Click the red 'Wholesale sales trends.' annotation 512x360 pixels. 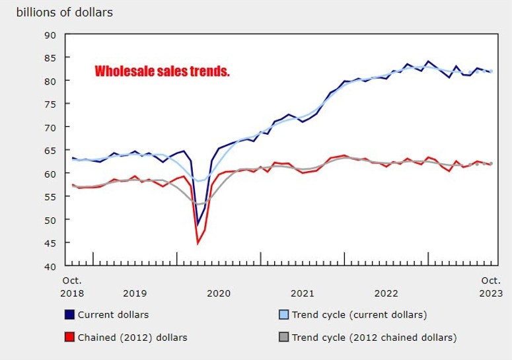162,71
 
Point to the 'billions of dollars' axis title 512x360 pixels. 64,13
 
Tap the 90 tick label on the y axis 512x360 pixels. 50,34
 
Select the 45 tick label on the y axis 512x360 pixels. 50,243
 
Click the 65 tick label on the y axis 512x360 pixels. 50,150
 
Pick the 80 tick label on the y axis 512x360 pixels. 50,81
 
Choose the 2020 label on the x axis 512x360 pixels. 219,293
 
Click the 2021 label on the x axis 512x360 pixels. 303,293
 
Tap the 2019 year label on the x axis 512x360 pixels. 135,293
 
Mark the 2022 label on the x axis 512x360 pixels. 386,293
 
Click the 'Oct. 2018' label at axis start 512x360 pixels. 73,287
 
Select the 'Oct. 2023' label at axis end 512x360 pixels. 491,287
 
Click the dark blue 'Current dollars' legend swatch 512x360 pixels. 69,314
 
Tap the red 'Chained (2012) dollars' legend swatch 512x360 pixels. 69,338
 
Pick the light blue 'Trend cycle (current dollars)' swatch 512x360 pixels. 280,314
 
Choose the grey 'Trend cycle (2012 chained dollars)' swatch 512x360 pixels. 280,338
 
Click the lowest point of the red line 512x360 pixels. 198,243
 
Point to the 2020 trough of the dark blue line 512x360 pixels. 198,225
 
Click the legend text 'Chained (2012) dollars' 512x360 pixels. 132,338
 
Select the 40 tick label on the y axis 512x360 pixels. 50,266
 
